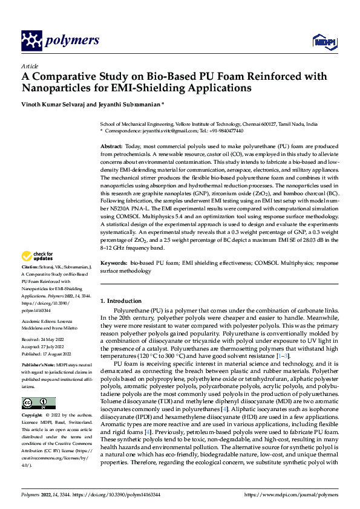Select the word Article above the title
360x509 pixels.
point(29,66)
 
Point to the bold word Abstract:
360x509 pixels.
point(111,147)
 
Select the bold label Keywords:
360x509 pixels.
point(113,264)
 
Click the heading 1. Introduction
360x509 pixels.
point(120,300)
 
